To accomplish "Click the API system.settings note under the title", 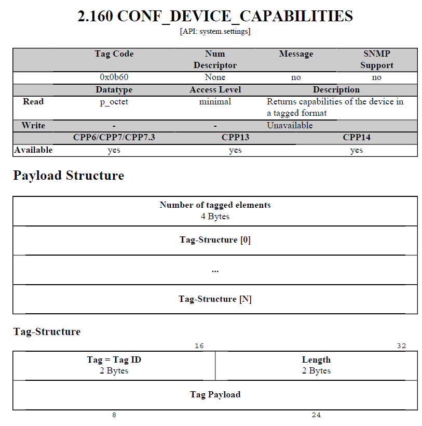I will pyautogui.click(x=215, y=32).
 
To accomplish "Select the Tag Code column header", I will pyautogui.click(x=114, y=54).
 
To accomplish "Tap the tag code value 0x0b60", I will pyautogui.click(x=114, y=77).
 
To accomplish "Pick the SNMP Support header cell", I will pyautogui.click(x=376, y=59).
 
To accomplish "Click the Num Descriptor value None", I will pyautogui.click(x=215, y=77).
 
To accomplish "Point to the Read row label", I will pyautogui.click(x=33, y=102).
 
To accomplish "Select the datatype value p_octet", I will pyautogui.click(x=114, y=102).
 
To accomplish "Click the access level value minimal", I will pyautogui.click(x=215, y=102).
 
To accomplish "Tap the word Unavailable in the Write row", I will pyautogui.click(x=290, y=126).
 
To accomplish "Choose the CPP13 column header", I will pyautogui.click(x=235, y=138).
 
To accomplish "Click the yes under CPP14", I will pyautogui.click(x=356, y=150).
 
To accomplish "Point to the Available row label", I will pyautogui.click(x=33, y=150).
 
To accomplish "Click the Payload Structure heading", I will pyautogui.click(x=69, y=176).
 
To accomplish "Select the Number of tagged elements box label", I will pyautogui.click(x=215, y=205).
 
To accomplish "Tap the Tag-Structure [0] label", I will pyautogui.click(x=215, y=240).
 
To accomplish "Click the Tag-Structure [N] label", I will pyautogui.click(x=215, y=299).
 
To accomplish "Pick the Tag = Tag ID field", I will pyautogui.click(x=114, y=360).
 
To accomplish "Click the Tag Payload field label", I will pyautogui.click(x=215, y=395).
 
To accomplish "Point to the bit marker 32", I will pyautogui.click(x=401, y=347).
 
